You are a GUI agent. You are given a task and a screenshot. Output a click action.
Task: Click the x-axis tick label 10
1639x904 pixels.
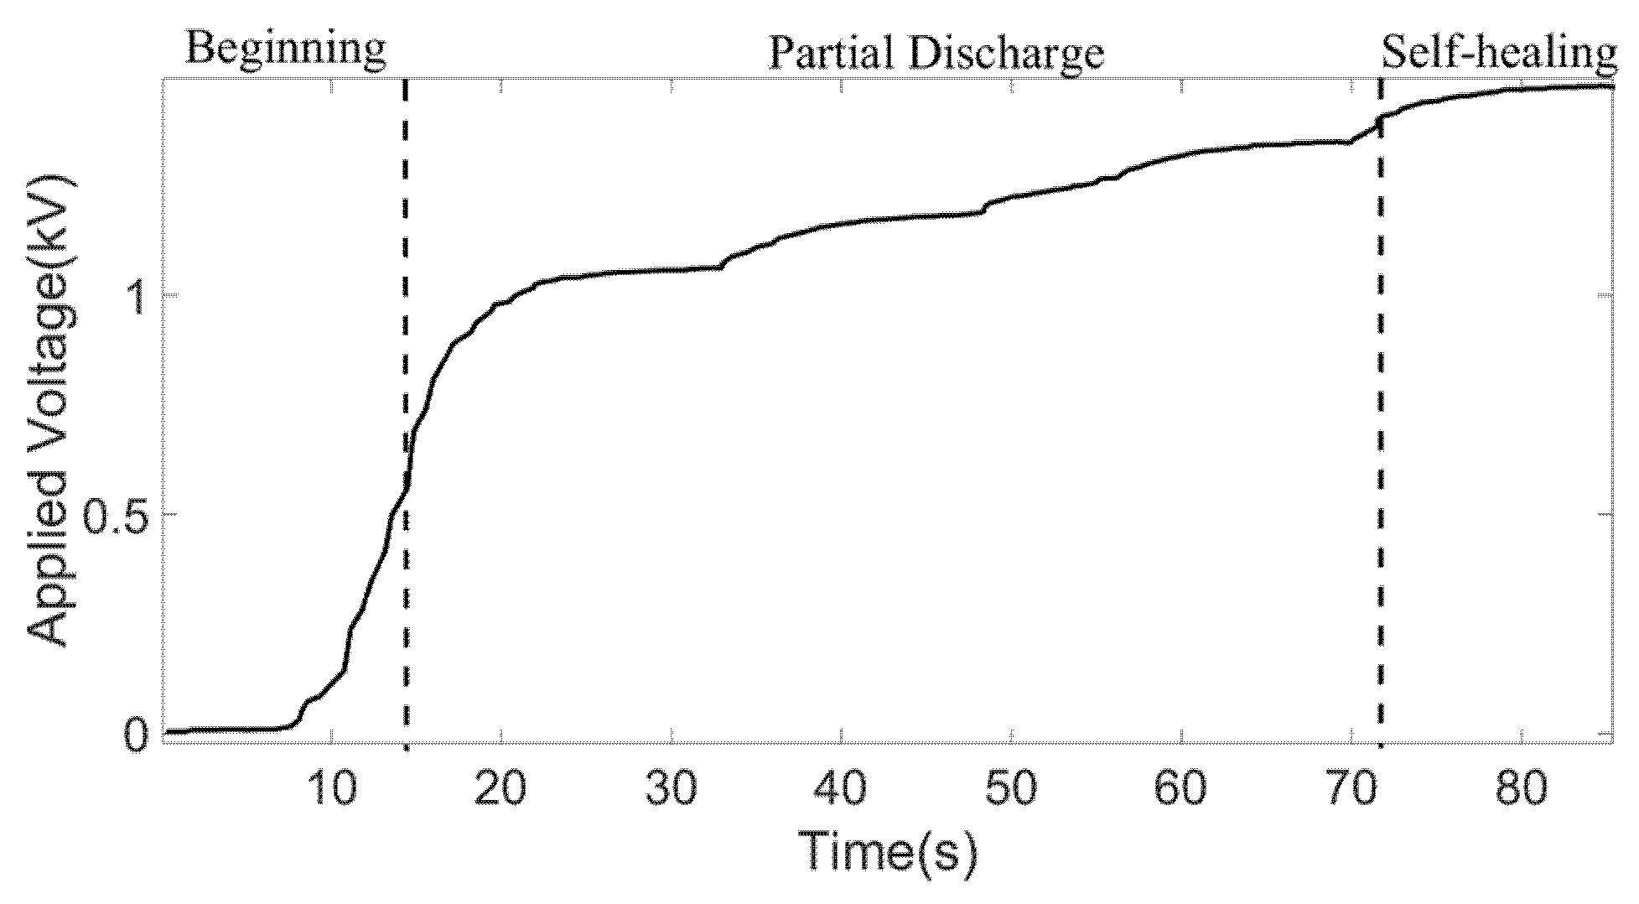pyautogui.click(x=333, y=789)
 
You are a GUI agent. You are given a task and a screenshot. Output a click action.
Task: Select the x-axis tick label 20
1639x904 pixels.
pyautogui.click(x=502, y=789)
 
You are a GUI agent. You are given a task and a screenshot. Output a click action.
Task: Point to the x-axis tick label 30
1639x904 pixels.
pyautogui.click(x=672, y=789)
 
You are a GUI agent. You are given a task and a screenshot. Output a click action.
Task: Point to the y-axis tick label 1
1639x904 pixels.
pyautogui.click(x=137, y=294)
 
